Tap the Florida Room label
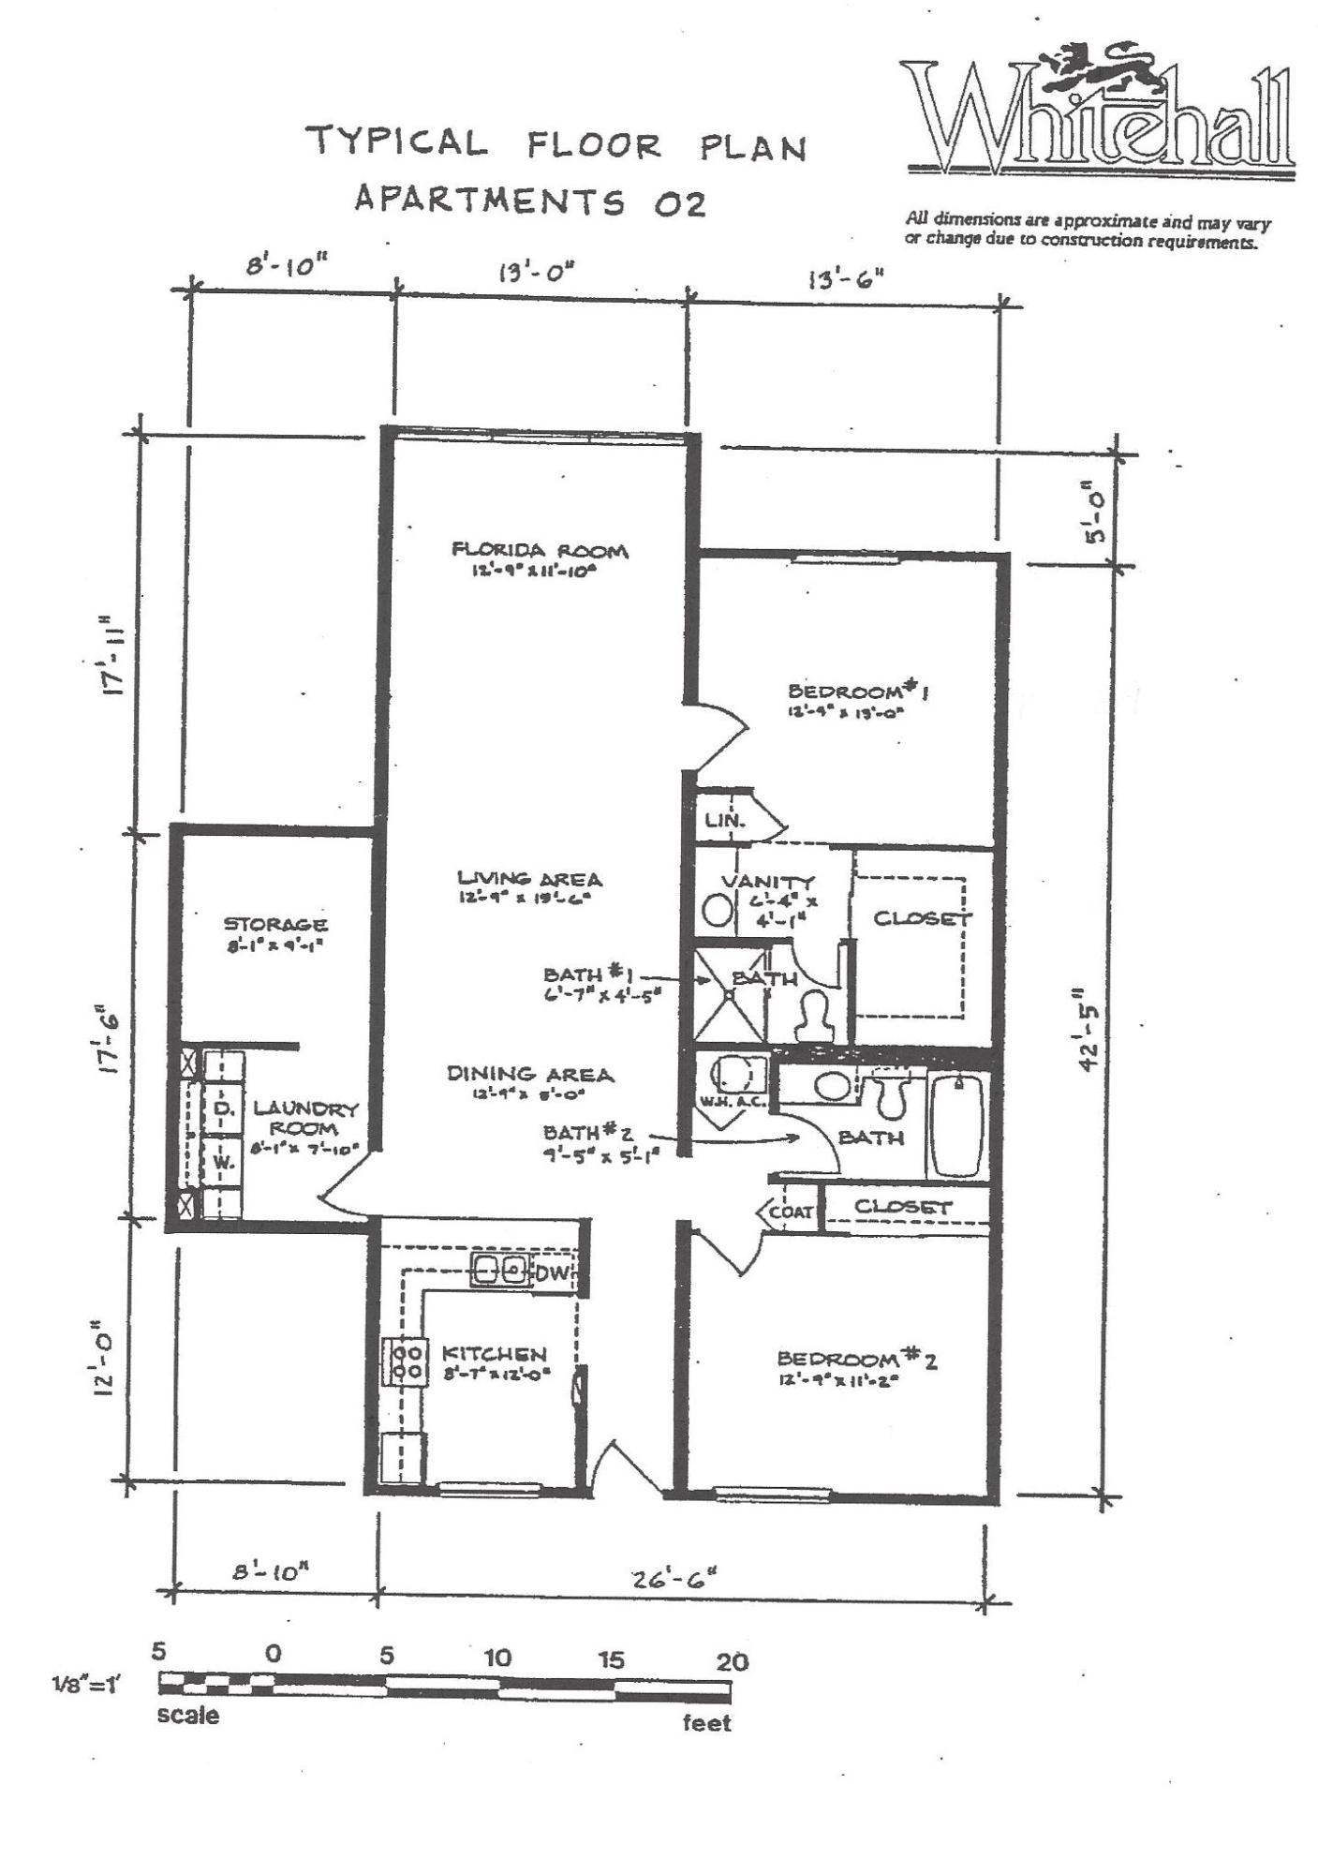539,551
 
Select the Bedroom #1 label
858,692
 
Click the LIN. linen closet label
725,821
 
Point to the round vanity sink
718,910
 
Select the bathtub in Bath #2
955,1126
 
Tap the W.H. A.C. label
733,1102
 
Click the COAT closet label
792,1212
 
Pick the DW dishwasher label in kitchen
552,1272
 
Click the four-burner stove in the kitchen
404,1361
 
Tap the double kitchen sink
499,1270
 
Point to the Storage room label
275,925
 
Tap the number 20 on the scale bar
732,1661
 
